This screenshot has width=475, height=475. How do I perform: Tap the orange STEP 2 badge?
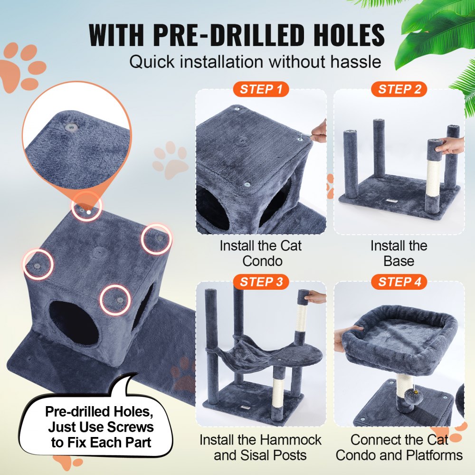[399, 89]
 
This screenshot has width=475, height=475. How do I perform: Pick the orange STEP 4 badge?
[399, 282]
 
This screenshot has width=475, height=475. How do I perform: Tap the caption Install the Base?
[399, 253]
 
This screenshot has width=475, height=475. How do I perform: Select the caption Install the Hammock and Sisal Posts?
[260, 447]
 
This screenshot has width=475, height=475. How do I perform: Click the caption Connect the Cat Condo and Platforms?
[399, 447]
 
